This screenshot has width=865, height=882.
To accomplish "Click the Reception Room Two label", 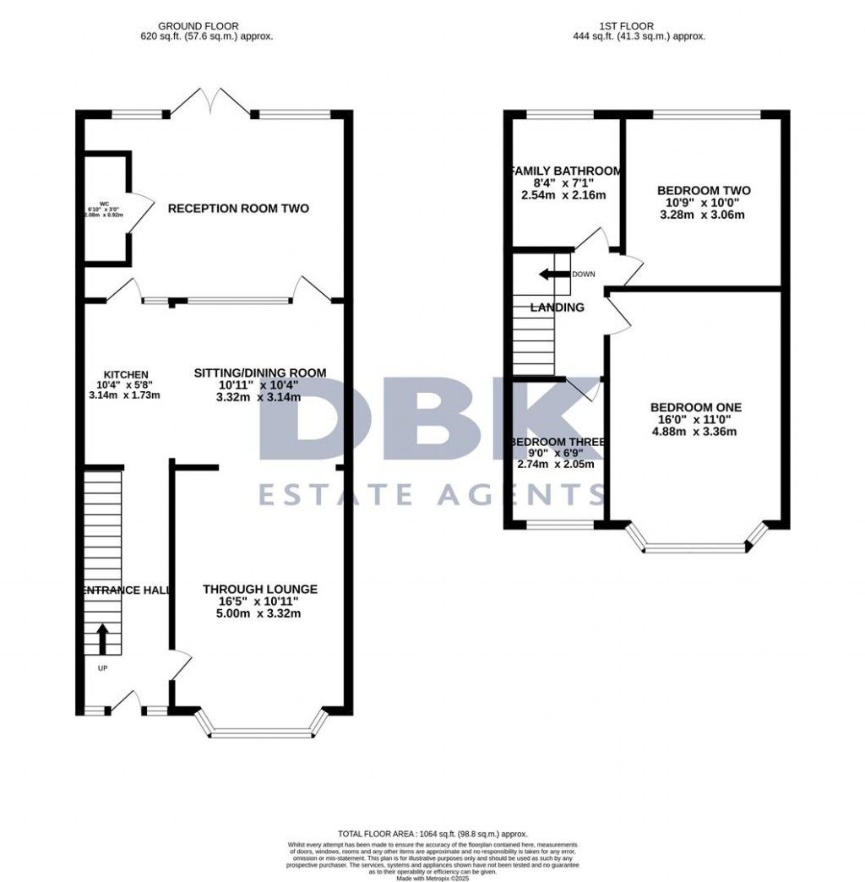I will click(x=238, y=209).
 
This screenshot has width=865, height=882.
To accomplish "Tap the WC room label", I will click(x=104, y=204).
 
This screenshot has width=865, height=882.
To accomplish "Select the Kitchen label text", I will click(x=126, y=375).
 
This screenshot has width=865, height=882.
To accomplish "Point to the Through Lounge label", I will click(x=259, y=590).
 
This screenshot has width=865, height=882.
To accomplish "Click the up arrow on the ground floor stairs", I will click(x=103, y=639).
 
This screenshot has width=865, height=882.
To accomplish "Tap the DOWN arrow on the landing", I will click(x=554, y=274).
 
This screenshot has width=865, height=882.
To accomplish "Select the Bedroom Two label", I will click(x=704, y=191).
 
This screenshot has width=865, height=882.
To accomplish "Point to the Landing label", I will click(x=557, y=308).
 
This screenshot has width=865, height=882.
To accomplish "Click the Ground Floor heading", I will click(x=199, y=26).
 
